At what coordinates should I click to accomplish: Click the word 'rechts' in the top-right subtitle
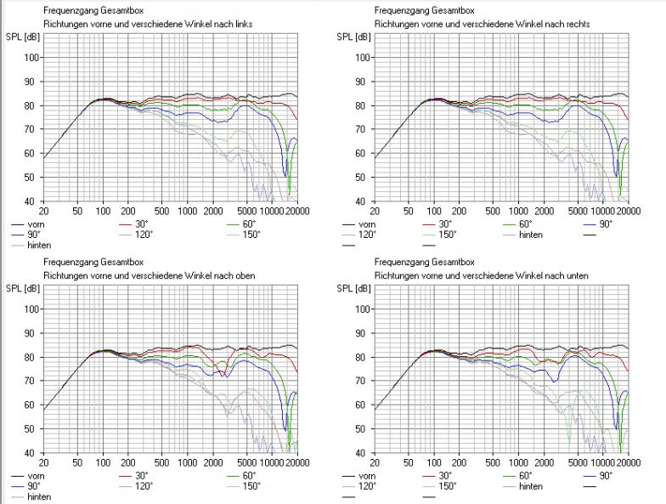tap(576, 24)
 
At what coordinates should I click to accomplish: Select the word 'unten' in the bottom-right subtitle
tap(576, 275)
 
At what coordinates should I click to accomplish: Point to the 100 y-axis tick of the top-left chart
tap(32, 57)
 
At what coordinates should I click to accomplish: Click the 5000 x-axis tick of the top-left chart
tap(246, 210)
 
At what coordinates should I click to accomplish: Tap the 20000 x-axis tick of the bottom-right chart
tap(629, 462)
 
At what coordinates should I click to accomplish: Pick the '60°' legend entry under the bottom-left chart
tap(249, 476)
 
